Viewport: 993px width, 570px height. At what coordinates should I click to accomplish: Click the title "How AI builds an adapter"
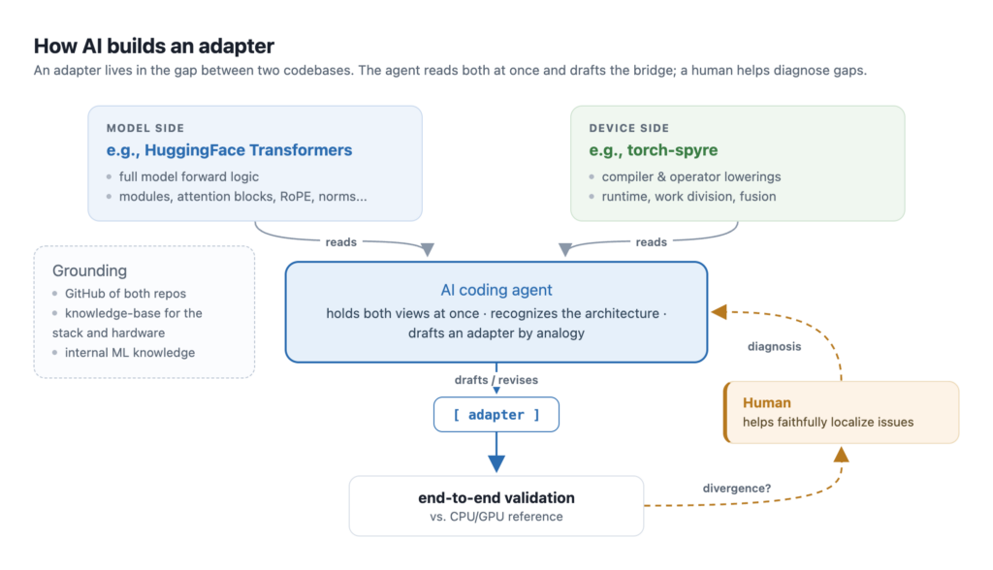click(154, 47)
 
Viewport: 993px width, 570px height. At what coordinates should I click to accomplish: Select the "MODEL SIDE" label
click(145, 128)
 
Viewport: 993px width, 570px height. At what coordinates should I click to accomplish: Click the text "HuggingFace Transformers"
click(248, 150)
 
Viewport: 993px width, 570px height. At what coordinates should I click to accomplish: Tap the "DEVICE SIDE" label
click(628, 128)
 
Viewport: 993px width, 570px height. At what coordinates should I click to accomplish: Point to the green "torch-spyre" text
click(673, 150)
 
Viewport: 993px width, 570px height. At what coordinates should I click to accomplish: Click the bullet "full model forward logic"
click(189, 176)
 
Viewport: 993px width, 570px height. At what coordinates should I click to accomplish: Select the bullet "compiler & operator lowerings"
click(690, 176)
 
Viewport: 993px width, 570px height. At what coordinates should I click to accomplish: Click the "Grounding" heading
click(89, 271)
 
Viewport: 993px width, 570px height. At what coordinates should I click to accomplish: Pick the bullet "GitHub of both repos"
click(125, 293)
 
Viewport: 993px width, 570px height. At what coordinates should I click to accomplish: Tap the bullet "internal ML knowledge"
click(130, 353)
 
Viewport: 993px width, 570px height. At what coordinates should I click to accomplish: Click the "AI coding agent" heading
click(496, 290)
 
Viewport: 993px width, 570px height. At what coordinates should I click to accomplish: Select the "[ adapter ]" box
click(496, 415)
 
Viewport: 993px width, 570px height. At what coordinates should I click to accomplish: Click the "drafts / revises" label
click(496, 380)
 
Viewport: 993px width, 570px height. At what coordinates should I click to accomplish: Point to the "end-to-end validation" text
click(496, 498)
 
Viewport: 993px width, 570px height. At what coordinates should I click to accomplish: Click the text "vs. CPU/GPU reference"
click(496, 517)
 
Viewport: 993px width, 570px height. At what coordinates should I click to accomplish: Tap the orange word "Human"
click(767, 403)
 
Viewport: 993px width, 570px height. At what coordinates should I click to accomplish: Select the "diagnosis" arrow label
click(774, 346)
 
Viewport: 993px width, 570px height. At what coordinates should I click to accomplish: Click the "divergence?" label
click(737, 489)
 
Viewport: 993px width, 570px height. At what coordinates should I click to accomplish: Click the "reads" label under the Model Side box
click(340, 242)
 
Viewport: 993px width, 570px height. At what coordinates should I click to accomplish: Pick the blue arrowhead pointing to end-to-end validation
click(496, 463)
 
